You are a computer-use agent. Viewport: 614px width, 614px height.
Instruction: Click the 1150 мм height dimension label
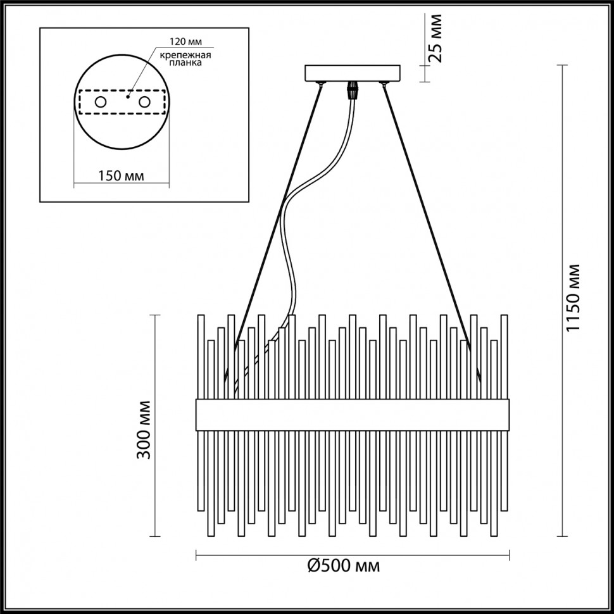coord(573,298)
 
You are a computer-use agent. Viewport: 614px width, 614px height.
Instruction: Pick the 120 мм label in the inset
coord(185,42)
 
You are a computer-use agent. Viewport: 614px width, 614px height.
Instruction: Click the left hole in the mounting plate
coord(100,102)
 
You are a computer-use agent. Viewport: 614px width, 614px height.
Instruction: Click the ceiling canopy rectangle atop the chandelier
coord(353,73)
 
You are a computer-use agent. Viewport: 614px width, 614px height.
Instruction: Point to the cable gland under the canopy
coord(352,90)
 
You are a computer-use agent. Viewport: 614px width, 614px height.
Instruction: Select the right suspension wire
coord(427,215)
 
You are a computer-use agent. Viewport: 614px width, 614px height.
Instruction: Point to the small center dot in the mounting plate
coord(127,97)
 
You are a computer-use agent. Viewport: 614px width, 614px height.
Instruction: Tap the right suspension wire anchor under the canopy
coord(382,84)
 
